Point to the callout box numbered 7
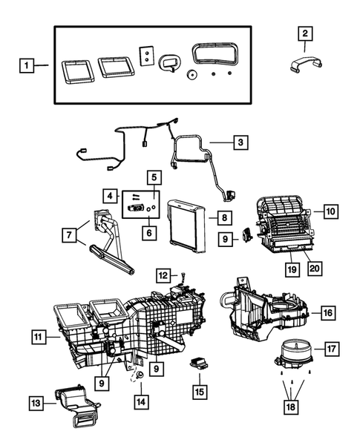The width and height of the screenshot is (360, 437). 71,235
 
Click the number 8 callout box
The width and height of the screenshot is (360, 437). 223,217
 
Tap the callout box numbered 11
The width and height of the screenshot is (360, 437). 38,338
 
